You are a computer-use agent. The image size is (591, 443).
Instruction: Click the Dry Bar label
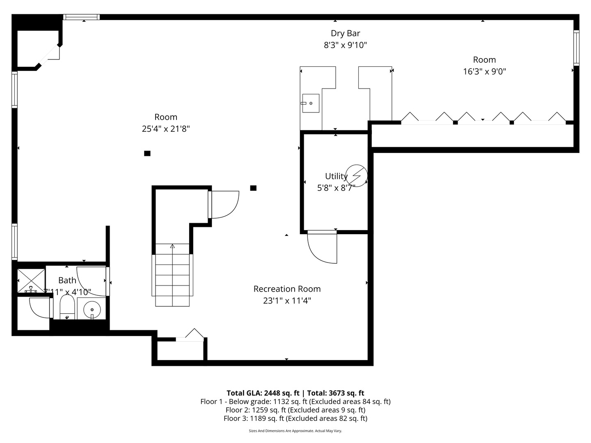coord(345,33)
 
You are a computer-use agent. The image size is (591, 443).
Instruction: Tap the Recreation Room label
coord(287,289)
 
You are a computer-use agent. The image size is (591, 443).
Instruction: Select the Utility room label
coord(336,176)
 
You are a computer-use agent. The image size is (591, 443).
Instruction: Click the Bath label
coord(67,280)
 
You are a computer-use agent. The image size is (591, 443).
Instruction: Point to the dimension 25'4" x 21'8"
coord(166,129)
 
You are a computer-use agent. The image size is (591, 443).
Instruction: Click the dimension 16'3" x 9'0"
coord(484,71)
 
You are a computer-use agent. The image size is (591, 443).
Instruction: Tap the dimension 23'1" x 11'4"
coord(287,300)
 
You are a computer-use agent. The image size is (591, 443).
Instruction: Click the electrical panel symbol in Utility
coord(357,176)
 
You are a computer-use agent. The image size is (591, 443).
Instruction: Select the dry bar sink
coord(311,103)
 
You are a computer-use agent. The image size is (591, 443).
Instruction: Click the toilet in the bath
coord(67,307)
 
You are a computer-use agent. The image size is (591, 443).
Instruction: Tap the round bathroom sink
coord(92,310)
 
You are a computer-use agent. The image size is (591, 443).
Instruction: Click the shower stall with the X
coord(31,281)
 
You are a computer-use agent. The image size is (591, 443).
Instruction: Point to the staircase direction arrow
coord(172,247)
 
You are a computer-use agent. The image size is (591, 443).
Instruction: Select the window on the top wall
coord(82,17)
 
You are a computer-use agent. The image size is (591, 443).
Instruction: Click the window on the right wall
coord(576,48)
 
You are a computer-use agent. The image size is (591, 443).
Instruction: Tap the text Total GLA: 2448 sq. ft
coord(263,393)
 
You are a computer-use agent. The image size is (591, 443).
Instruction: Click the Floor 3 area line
coord(295,418)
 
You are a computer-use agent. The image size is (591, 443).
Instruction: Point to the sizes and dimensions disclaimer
coord(295,431)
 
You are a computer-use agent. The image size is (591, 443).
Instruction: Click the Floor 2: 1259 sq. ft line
coord(295,410)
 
